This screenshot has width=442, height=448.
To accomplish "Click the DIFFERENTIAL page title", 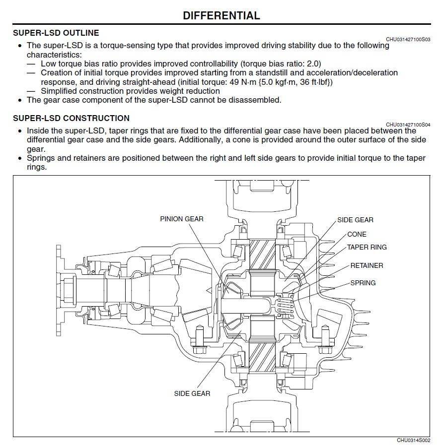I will [221, 15].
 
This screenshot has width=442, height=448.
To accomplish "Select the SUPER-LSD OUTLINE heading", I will [56, 33].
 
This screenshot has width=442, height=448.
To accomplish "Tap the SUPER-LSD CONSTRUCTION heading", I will [71, 118].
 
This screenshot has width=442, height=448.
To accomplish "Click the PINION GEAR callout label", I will [182, 219].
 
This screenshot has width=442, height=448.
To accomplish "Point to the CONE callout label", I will [357, 234].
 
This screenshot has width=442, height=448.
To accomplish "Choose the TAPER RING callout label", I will [367, 247].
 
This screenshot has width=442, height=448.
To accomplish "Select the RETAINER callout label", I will [367, 265].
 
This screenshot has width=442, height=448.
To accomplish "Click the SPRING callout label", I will [363, 283].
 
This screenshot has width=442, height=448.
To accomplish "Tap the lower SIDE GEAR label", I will [192, 393].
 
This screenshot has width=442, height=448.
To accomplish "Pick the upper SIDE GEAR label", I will [355, 220].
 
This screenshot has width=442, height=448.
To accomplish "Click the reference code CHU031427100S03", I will [408, 39].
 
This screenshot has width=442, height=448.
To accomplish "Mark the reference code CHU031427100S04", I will [408, 124].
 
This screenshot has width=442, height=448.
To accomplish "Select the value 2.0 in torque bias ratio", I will [313, 64].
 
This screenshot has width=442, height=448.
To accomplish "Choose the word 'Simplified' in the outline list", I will [60, 91].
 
